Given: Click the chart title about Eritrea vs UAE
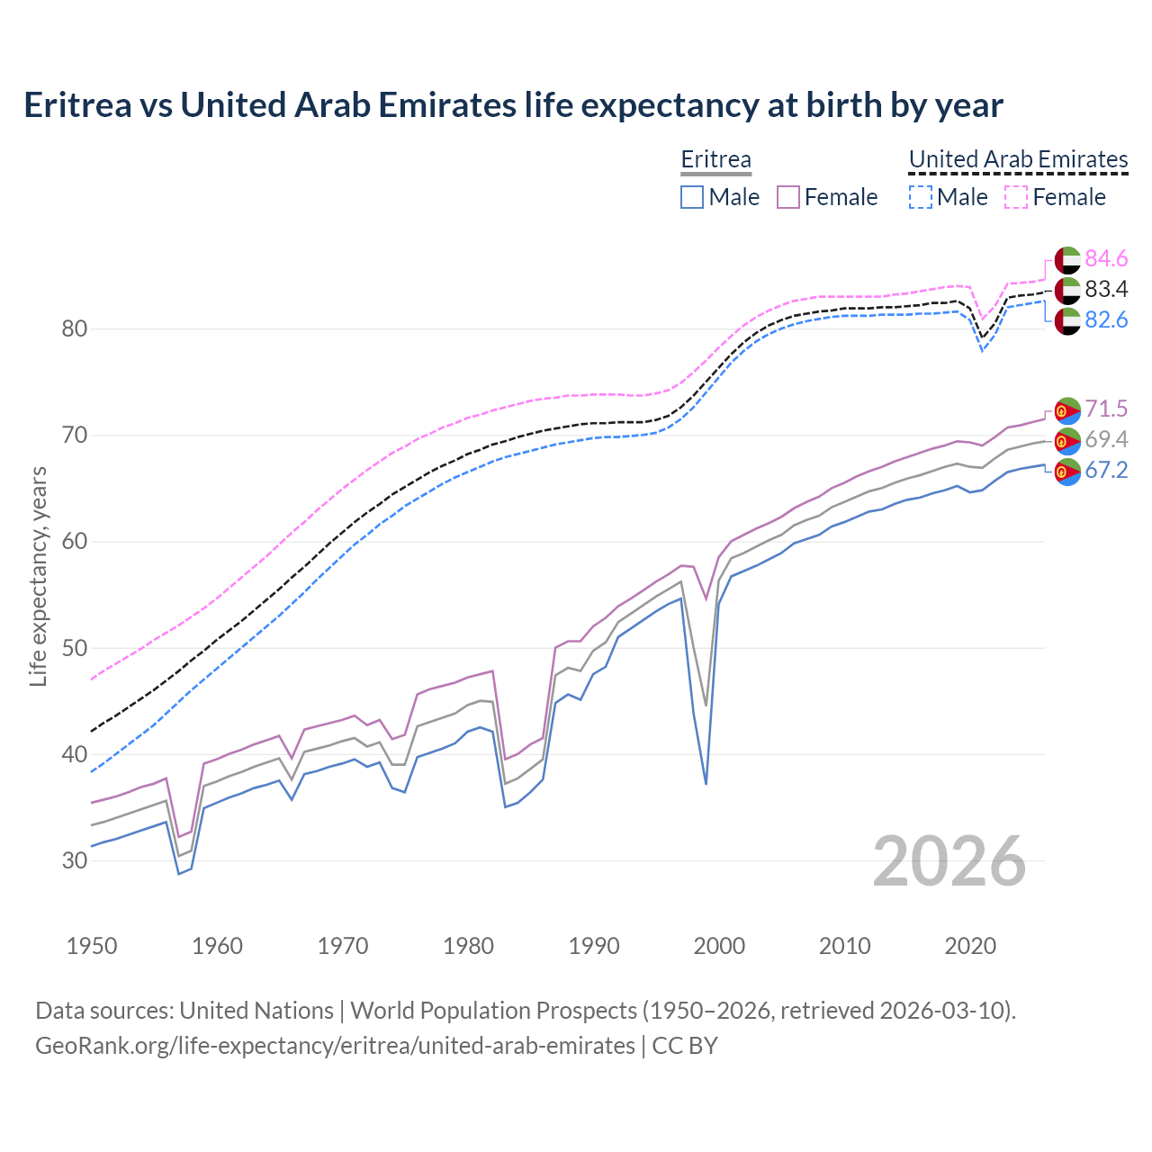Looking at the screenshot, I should pos(513,105).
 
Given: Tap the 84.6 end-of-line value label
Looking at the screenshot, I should pos(1106,259).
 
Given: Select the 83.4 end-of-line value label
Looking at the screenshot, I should pos(1106,290).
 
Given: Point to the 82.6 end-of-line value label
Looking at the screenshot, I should pos(1106,320).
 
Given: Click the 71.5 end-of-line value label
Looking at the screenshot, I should pos(1106,409).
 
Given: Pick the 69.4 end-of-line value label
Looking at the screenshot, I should pos(1106,440).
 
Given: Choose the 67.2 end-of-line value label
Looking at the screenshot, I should pos(1106,471).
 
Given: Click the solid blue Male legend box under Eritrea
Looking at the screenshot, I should pos(692,197).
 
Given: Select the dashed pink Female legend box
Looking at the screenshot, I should pos(1016,197).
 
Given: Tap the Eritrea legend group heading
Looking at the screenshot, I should pos(715,160).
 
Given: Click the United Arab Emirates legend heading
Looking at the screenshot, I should pos(1018,160).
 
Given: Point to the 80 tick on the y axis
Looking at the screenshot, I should pos(75,329).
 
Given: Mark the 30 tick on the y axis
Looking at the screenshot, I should pos(75,861).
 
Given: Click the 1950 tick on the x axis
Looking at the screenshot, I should pos(92,946).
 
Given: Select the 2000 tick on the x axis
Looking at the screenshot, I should pos(719,946).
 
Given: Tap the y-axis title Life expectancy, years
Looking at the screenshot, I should pos(39,576).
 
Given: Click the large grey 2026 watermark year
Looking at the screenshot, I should pos(949,862).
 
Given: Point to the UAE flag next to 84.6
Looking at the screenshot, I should pos(1067,259).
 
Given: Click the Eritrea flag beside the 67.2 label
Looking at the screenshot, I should pos(1067,471).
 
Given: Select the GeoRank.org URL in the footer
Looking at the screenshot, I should pos(335,1046).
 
